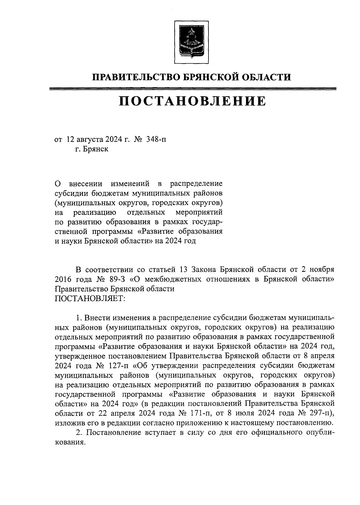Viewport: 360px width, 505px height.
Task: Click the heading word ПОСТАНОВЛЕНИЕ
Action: point(192,101)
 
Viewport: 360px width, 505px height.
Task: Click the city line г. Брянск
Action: point(92,149)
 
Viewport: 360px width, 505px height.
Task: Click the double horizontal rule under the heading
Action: point(192,89)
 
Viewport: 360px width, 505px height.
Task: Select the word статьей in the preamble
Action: point(162,269)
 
